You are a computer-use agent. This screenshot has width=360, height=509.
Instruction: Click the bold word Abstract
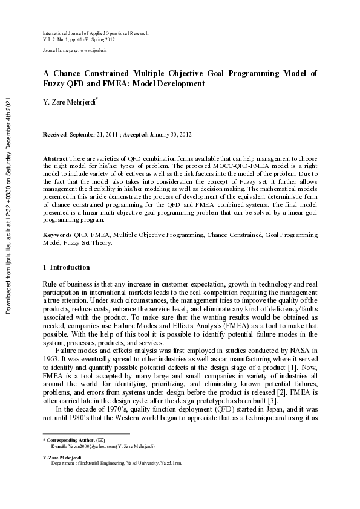click(x=55, y=158)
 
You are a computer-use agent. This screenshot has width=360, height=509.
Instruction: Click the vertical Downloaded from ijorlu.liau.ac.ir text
click(x=9, y=206)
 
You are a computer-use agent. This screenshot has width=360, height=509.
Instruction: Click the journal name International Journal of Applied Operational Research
click(x=95, y=33)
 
